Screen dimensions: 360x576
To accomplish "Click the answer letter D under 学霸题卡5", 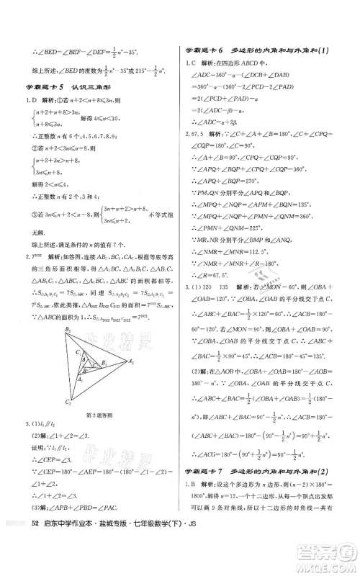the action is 34,102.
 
